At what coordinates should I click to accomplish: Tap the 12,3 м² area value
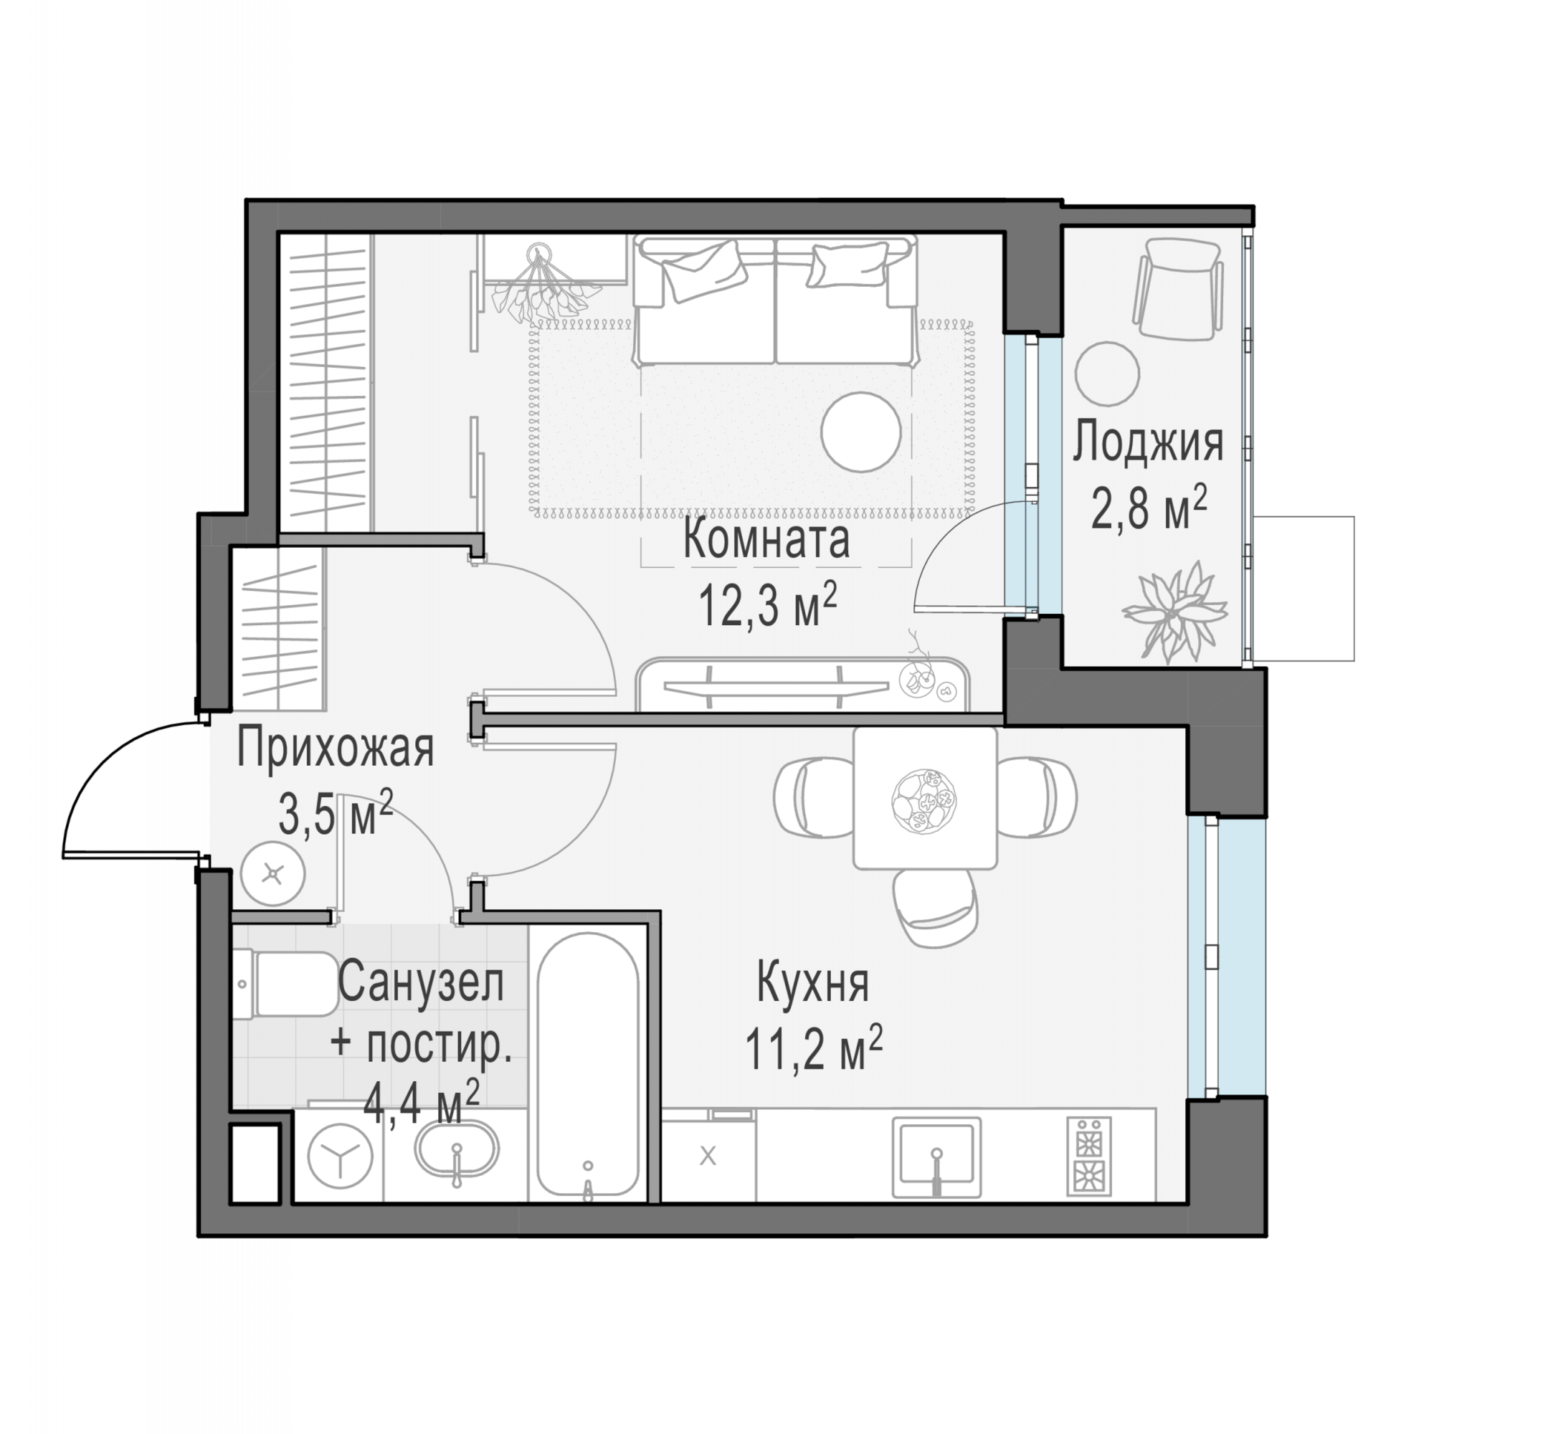click(768, 604)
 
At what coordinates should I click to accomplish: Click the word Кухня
click(812, 982)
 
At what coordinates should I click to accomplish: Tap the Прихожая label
click(336, 748)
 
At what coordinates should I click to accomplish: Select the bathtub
click(589, 1066)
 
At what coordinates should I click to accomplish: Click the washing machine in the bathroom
click(340, 1155)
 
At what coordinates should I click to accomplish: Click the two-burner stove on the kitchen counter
click(1089, 1155)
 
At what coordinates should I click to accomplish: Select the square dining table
click(925, 798)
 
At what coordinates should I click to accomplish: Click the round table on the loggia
click(1108, 374)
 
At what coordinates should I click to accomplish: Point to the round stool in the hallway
click(272, 874)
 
